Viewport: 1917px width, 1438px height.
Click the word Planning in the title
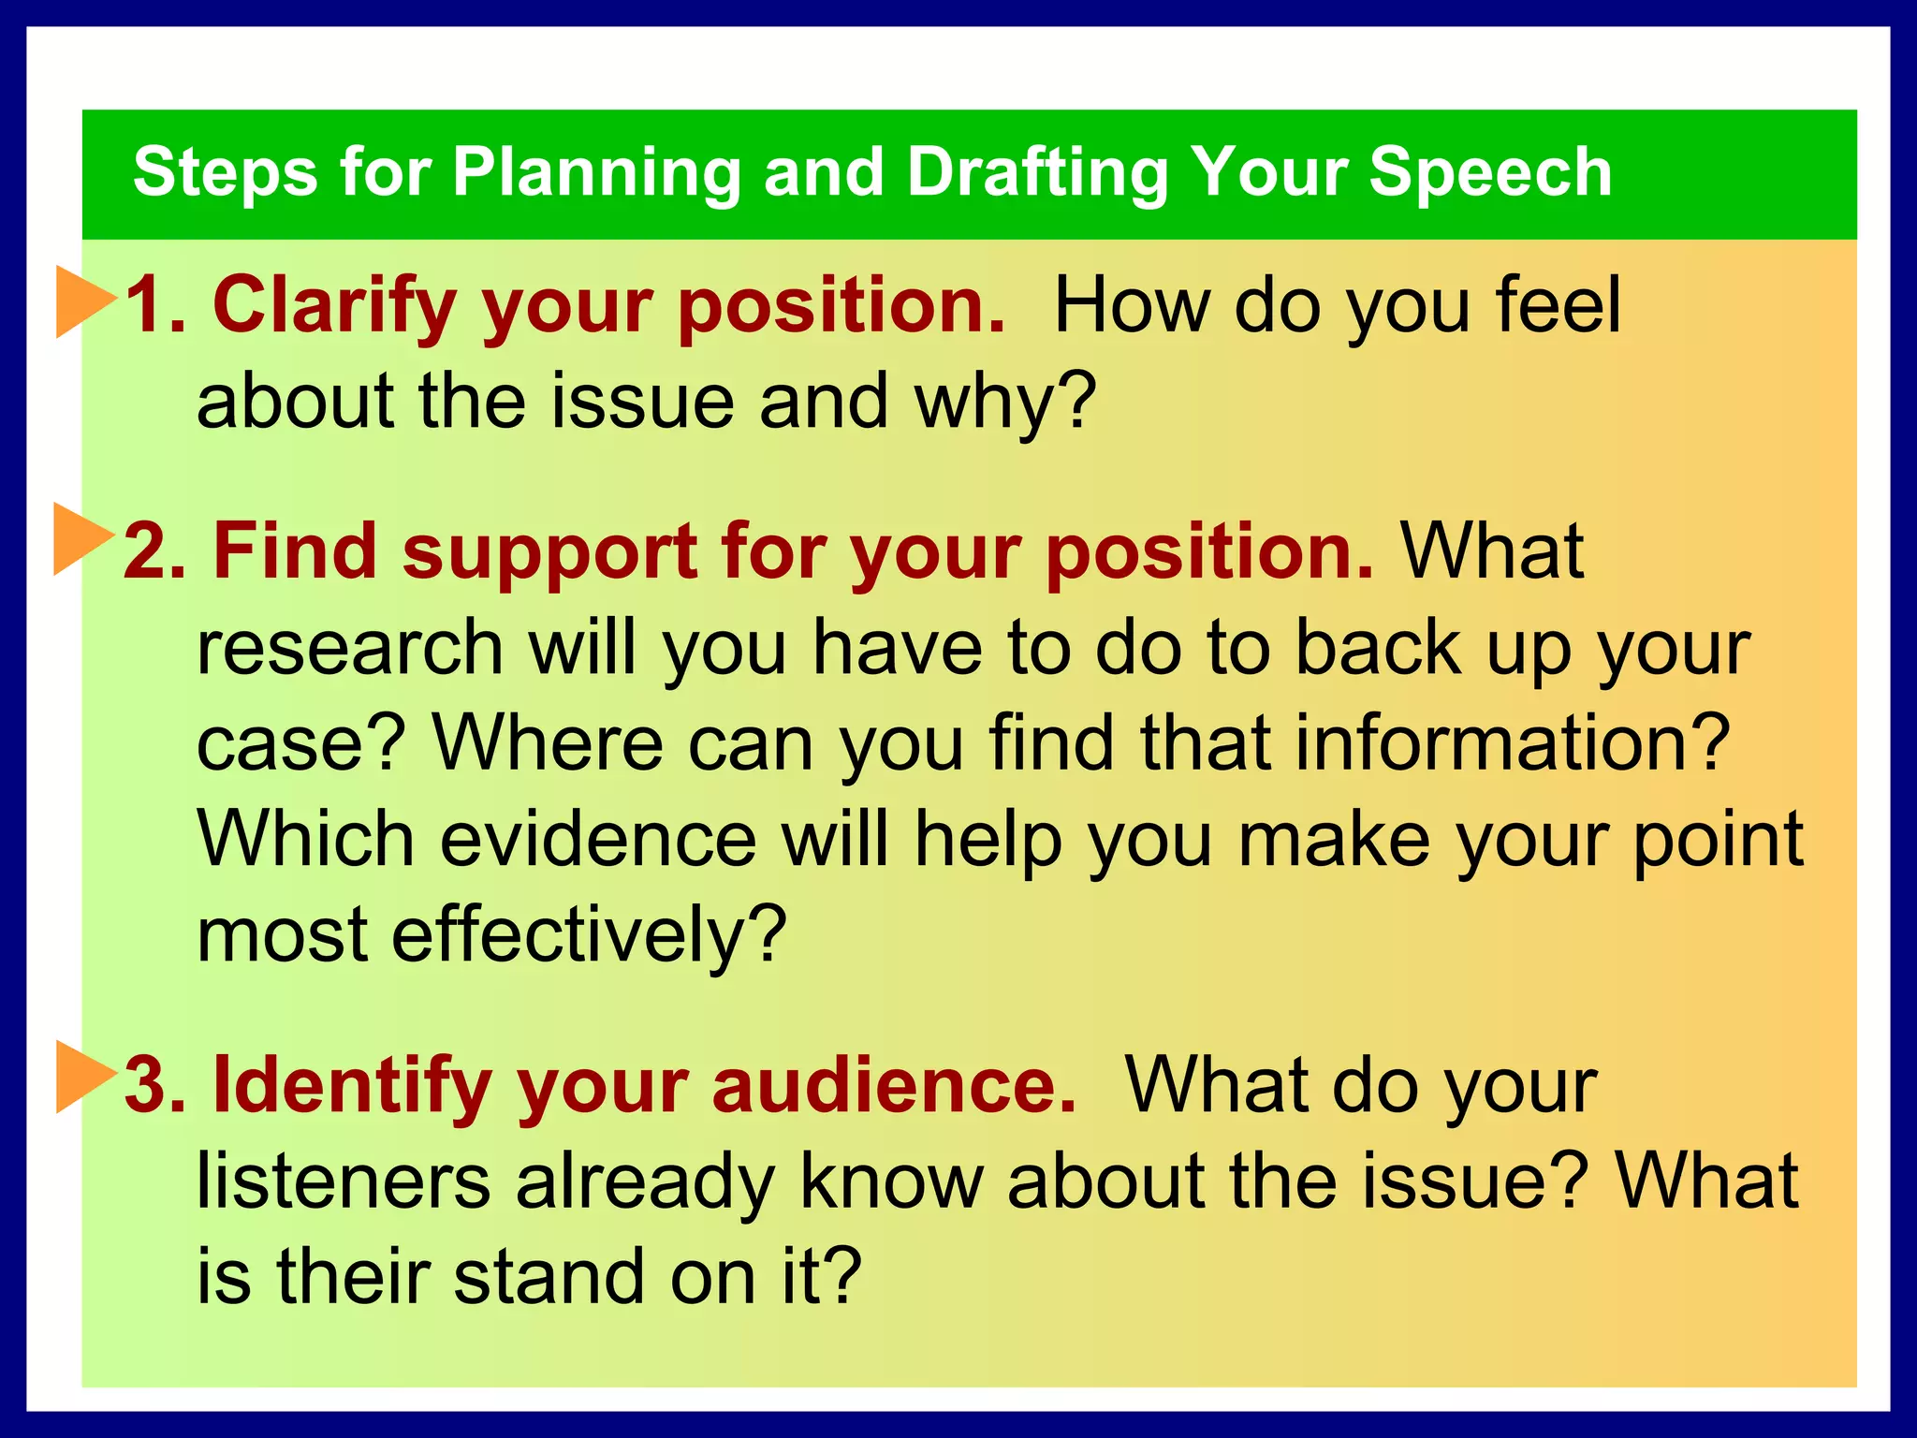click(x=597, y=173)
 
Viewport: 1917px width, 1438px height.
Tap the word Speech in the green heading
click(x=1490, y=173)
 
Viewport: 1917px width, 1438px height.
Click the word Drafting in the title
click(x=1037, y=173)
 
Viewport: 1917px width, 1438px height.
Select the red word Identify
click(x=352, y=1086)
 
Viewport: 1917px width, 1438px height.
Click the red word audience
click(x=894, y=1086)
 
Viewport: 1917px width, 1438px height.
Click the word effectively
click(x=589, y=935)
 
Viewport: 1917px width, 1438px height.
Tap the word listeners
click(x=344, y=1181)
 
